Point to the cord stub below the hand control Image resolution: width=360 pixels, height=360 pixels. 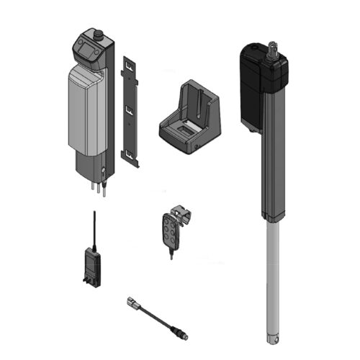[x=171, y=253]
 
